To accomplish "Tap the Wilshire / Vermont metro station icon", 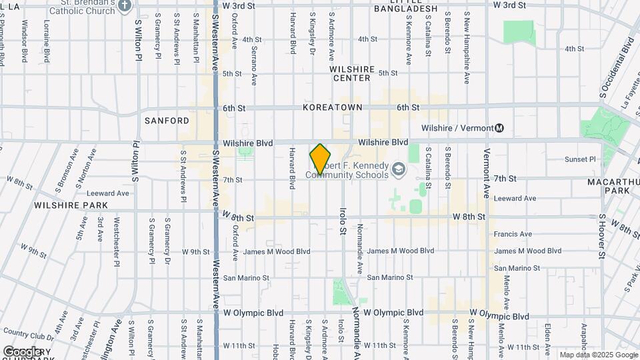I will (x=499, y=128).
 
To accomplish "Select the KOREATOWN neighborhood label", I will (x=332, y=107).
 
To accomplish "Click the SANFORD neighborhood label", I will (x=167, y=121).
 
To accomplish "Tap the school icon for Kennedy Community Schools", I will (x=399, y=169).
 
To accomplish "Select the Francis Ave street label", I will (x=513, y=234).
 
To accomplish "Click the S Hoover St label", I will (x=601, y=236).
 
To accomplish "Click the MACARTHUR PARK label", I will (x=608, y=186).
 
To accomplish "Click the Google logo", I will (x=22, y=351).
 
